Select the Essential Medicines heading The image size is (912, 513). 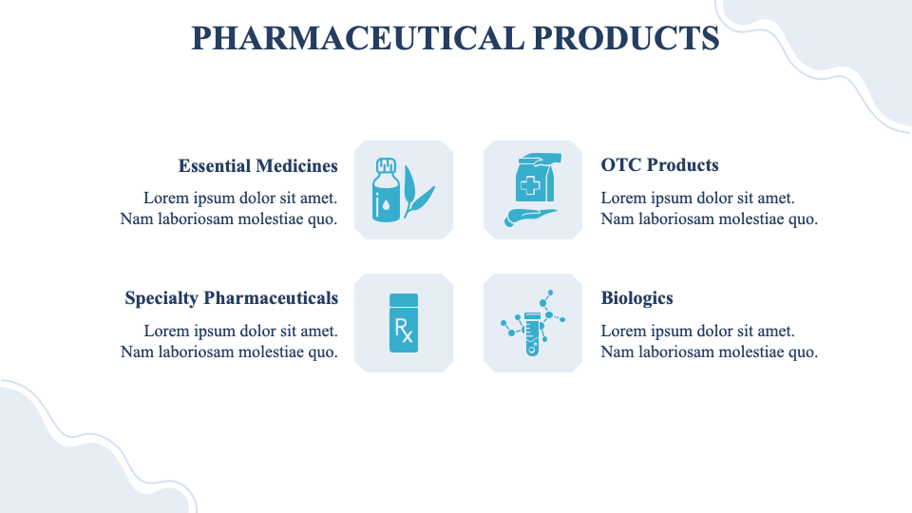(x=257, y=166)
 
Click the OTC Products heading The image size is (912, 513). (x=659, y=165)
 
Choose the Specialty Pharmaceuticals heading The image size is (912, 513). (x=231, y=298)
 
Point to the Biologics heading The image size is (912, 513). (x=636, y=298)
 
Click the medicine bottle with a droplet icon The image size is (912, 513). (x=385, y=193)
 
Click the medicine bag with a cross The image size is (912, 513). (x=534, y=180)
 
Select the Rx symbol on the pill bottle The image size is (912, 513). (x=404, y=331)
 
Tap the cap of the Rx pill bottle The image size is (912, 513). (x=404, y=299)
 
